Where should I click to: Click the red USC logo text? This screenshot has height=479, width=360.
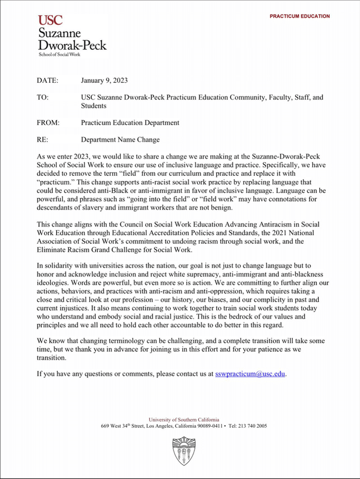tap(50, 20)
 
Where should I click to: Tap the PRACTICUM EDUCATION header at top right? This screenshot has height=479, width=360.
tap(300, 16)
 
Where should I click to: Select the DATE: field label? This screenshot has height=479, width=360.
tap(47, 80)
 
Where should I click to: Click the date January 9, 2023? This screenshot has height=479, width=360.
tap(104, 80)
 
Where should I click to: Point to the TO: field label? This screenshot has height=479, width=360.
tap(43, 97)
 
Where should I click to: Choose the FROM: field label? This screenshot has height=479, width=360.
tap(48, 123)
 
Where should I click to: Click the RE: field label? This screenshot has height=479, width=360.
tap(43, 140)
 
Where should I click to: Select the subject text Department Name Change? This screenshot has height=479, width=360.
tap(120, 140)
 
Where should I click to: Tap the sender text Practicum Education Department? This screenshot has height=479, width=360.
tap(130, 123)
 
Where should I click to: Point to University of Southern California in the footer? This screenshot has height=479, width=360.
tap(184, 420)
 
